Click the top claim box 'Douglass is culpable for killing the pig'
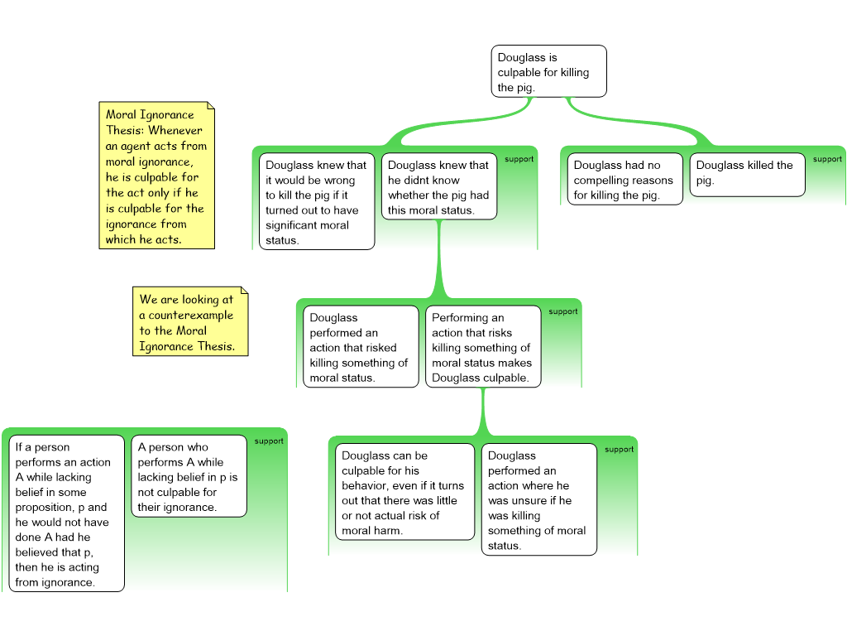coord(548,71)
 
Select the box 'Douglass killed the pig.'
coord(747,174)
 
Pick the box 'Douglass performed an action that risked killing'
coord(361,346)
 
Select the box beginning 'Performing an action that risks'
coord(483,346)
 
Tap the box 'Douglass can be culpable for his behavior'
coord(404,492)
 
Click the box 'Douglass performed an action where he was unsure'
coord(538,499)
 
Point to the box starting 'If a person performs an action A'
coord(66,513)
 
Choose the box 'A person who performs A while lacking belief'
coord(189,476)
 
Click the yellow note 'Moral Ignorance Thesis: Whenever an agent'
coord(156,176)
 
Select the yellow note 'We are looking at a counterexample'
coord(189,322)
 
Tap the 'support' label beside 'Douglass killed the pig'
coord(827,159)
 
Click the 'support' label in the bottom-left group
coord(269,441)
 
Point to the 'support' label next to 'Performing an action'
coord(563,311)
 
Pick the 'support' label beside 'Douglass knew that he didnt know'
coord(519,159)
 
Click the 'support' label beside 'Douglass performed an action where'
coord(620,449)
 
